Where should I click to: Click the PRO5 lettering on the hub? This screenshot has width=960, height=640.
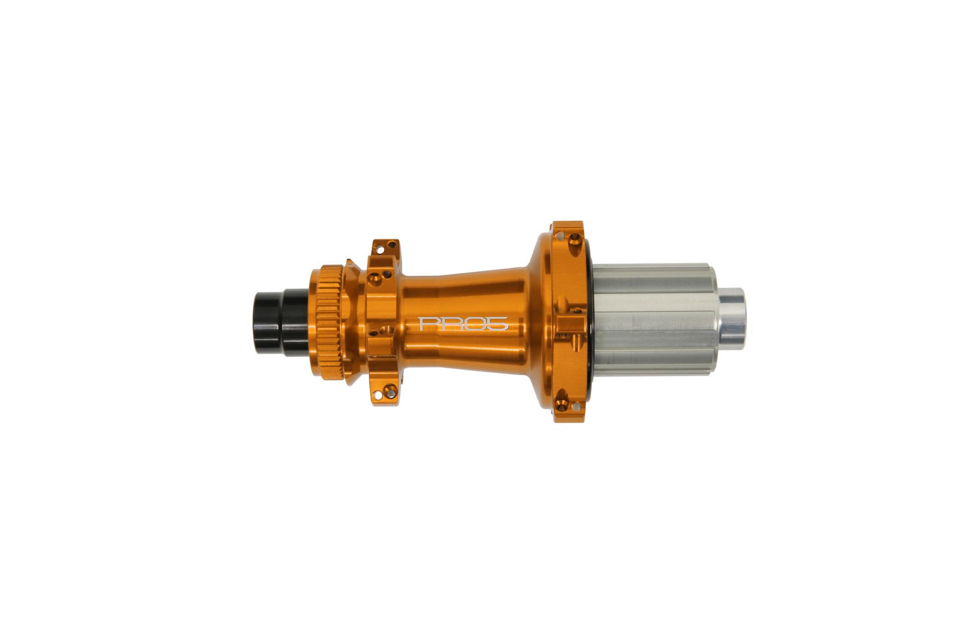click(463, 324)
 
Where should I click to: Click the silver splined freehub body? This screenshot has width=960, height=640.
click(654, 320)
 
